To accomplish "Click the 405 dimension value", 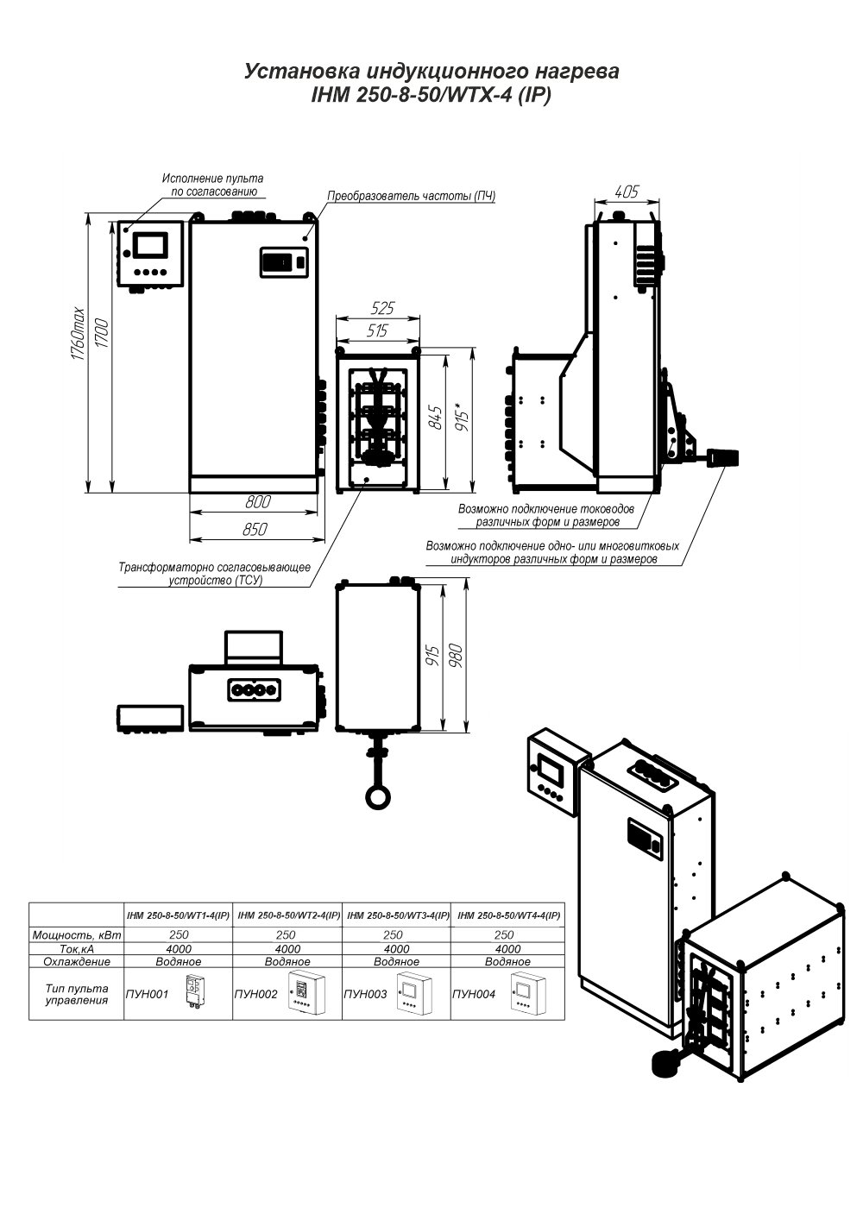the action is click(626, 192).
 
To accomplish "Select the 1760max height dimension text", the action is click(78, 334).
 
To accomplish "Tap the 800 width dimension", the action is click(257, 501).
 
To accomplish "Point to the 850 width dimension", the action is click(255, 529).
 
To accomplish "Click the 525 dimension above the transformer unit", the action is click(382, 308).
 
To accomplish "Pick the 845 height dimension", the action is click(435, 418).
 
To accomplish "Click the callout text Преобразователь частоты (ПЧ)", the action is click(412, 196).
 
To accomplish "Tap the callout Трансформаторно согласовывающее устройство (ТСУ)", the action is click(215, 574).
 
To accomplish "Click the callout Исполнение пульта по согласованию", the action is click(212, 185).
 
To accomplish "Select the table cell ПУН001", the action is click(147, 994).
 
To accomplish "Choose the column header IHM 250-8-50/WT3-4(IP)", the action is click(398, 915).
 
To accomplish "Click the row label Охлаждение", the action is click(77, 961).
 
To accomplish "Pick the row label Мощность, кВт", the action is click(77, 935).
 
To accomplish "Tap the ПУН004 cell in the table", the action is click(474, 994).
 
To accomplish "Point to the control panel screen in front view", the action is click(151, 244).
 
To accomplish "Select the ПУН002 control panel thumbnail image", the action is click(306, 993).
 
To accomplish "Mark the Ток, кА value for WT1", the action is click(179, 948).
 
